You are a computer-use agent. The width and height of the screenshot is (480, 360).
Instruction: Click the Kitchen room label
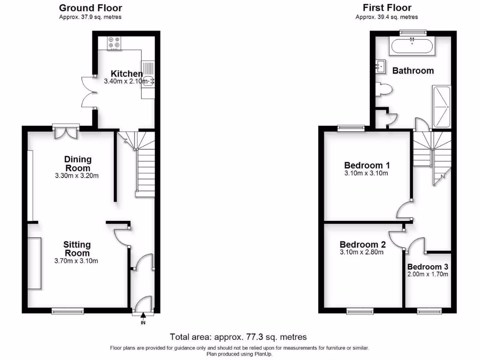pyautogui.click(x=127, y=74)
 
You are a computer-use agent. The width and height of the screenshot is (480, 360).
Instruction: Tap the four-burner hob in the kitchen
pyautogui.click(x=114, y=43)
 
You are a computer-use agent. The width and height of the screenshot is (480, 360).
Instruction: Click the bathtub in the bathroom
pyautogui.click(x=413, y=46)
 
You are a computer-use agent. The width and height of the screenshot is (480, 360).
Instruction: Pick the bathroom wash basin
pyautogui.click(x=380, y=67)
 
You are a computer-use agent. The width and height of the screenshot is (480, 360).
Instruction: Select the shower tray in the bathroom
pyautogui.click(x=441, y=106)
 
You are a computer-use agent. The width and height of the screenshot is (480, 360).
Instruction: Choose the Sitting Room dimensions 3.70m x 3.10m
pyautogui.click(x=77, y=261)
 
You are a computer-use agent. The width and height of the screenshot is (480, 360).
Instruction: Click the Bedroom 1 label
pyautogui.click(x=367, y=165)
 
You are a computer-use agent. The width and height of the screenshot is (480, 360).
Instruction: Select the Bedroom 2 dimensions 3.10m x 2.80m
pyautogui.click(x=362, y=252)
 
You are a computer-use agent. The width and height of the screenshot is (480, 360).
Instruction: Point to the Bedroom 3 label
pyautogui.click(x=427, y=266)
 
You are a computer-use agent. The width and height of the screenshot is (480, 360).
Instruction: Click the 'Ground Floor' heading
pyautogui.click(x=91, y=8)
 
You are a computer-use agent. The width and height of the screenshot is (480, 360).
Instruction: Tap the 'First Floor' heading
pyautogui.click(x=387, y=8)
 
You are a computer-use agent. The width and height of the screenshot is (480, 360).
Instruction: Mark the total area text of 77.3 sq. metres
pyautogui.click(x=238, y=337)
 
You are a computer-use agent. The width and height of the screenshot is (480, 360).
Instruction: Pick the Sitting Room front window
pyautogui.click(x=67, y=310)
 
